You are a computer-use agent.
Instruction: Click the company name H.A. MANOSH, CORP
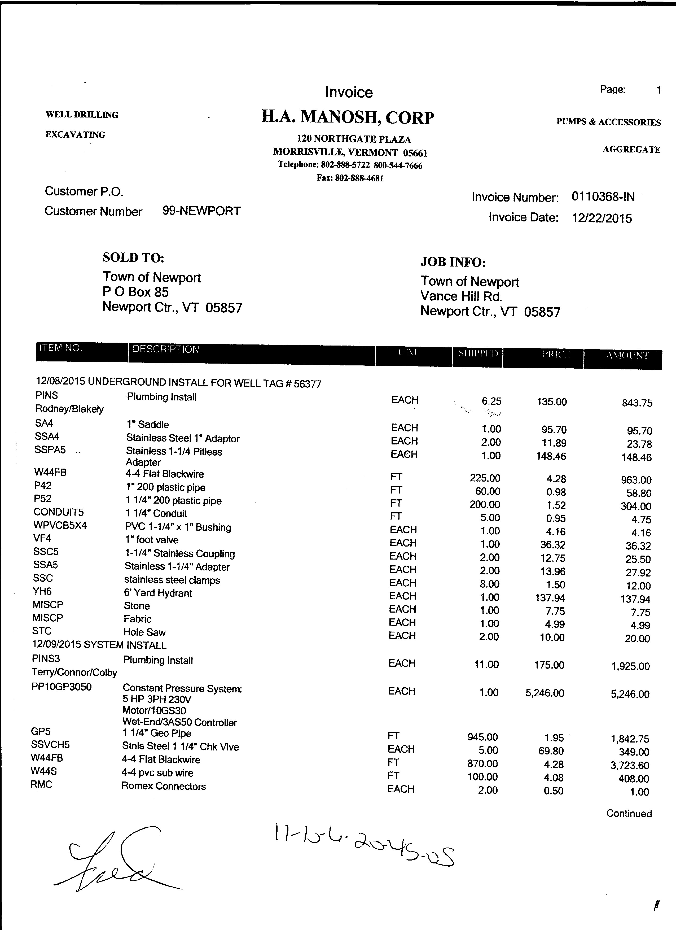(x=348, y=118)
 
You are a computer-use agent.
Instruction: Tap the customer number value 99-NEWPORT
(x=201, y=211)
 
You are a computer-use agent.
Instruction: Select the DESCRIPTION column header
(x=166, y=349)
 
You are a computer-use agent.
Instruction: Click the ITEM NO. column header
(x=61, y=348)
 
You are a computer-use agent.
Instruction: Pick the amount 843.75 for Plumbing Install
(x=637, y=403)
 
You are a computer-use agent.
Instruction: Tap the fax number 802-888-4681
(x=359, y=178)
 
